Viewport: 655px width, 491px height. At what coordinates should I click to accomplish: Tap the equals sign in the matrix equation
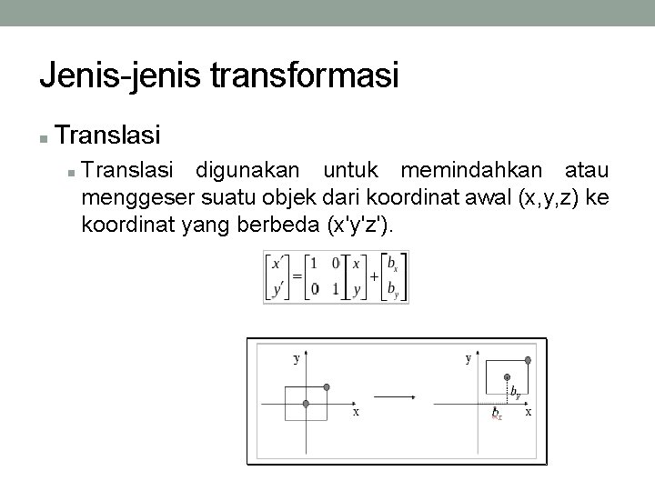[x=297, y=276]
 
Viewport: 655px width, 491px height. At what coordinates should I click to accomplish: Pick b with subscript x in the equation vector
[x=392, y=265]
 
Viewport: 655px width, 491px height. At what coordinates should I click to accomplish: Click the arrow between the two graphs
[x=395, y=396]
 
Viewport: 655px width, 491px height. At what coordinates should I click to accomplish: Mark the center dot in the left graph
[x=307, y=403]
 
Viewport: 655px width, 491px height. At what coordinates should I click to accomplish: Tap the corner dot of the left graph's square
[x=327, y=386]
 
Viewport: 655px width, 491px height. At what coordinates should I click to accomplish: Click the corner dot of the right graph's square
[x=528, y=360]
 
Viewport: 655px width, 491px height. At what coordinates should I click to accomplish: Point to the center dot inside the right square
[x=507, y=377]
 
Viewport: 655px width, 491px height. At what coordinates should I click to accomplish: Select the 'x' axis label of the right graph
[x=529, y=412]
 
